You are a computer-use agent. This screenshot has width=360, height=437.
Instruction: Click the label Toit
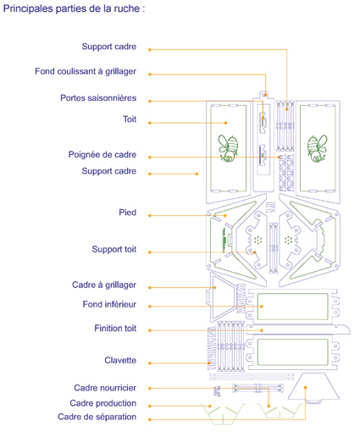coord(130,119)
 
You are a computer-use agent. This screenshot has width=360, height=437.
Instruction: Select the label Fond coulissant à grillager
coord(86,71)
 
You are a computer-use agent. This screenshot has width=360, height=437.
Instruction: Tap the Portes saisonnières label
coord(98,98)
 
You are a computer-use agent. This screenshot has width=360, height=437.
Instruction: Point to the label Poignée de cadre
coord(102,155)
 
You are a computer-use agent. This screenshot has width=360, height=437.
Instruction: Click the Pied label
coord(128,213)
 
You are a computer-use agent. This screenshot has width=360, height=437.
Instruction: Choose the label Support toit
coord(114,249)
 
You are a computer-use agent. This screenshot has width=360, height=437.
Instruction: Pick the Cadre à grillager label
coord(104,285)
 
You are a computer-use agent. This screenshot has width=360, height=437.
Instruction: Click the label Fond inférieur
coord(109,304)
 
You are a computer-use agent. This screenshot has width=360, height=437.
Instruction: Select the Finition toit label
coord(115,329)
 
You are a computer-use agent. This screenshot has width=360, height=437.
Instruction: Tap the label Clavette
coord(120,360)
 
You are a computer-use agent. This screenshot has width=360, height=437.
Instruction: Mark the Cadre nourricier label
coord(105,388)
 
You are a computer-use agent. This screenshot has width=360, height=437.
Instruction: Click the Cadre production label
coord(103,403)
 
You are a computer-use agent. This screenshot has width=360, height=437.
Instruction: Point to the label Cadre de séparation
coord(97,417)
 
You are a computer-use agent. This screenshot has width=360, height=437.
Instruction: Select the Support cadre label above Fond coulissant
coord(109,47)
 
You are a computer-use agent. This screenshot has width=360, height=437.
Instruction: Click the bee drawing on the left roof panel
coord(228,148)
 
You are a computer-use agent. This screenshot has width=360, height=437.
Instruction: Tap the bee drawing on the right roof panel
coord(318,148)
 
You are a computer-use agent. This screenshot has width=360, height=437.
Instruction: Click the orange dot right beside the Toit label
coord(150,123)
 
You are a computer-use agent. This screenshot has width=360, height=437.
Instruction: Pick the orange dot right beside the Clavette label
coord(150,363)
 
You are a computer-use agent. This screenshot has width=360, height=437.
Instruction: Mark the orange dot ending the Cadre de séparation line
coord(305,388)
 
